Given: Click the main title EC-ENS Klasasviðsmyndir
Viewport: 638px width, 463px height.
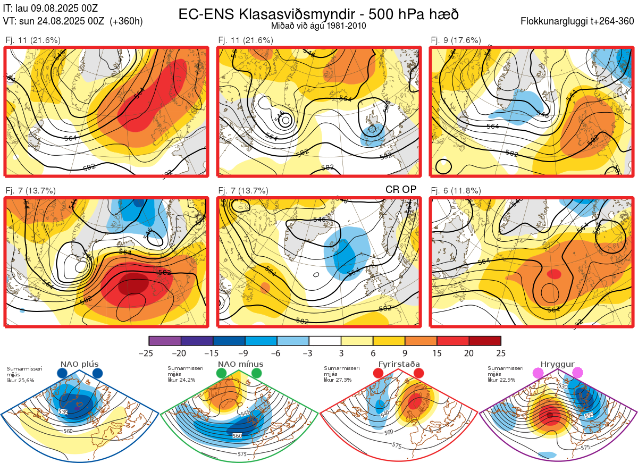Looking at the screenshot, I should (318, 14).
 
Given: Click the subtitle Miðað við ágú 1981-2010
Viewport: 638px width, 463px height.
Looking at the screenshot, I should (318, 26).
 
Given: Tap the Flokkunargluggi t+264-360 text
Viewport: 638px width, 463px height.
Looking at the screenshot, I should (578, 21).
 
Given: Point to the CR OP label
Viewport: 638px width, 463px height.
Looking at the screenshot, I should (400, 190).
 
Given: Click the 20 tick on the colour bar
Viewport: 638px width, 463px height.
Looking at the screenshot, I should (469, 353).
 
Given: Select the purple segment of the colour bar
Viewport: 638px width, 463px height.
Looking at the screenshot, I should (165, 341).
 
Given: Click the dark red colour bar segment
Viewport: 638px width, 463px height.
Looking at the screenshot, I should (485, 341).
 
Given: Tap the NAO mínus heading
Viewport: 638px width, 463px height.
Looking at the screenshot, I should (240, 364).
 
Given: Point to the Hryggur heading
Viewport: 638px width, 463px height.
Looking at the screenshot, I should (559, 364).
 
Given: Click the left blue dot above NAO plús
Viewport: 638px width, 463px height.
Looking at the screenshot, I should (62, 373).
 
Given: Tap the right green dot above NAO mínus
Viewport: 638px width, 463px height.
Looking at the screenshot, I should (257, 373).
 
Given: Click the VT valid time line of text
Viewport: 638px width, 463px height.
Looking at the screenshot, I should (73, 21).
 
